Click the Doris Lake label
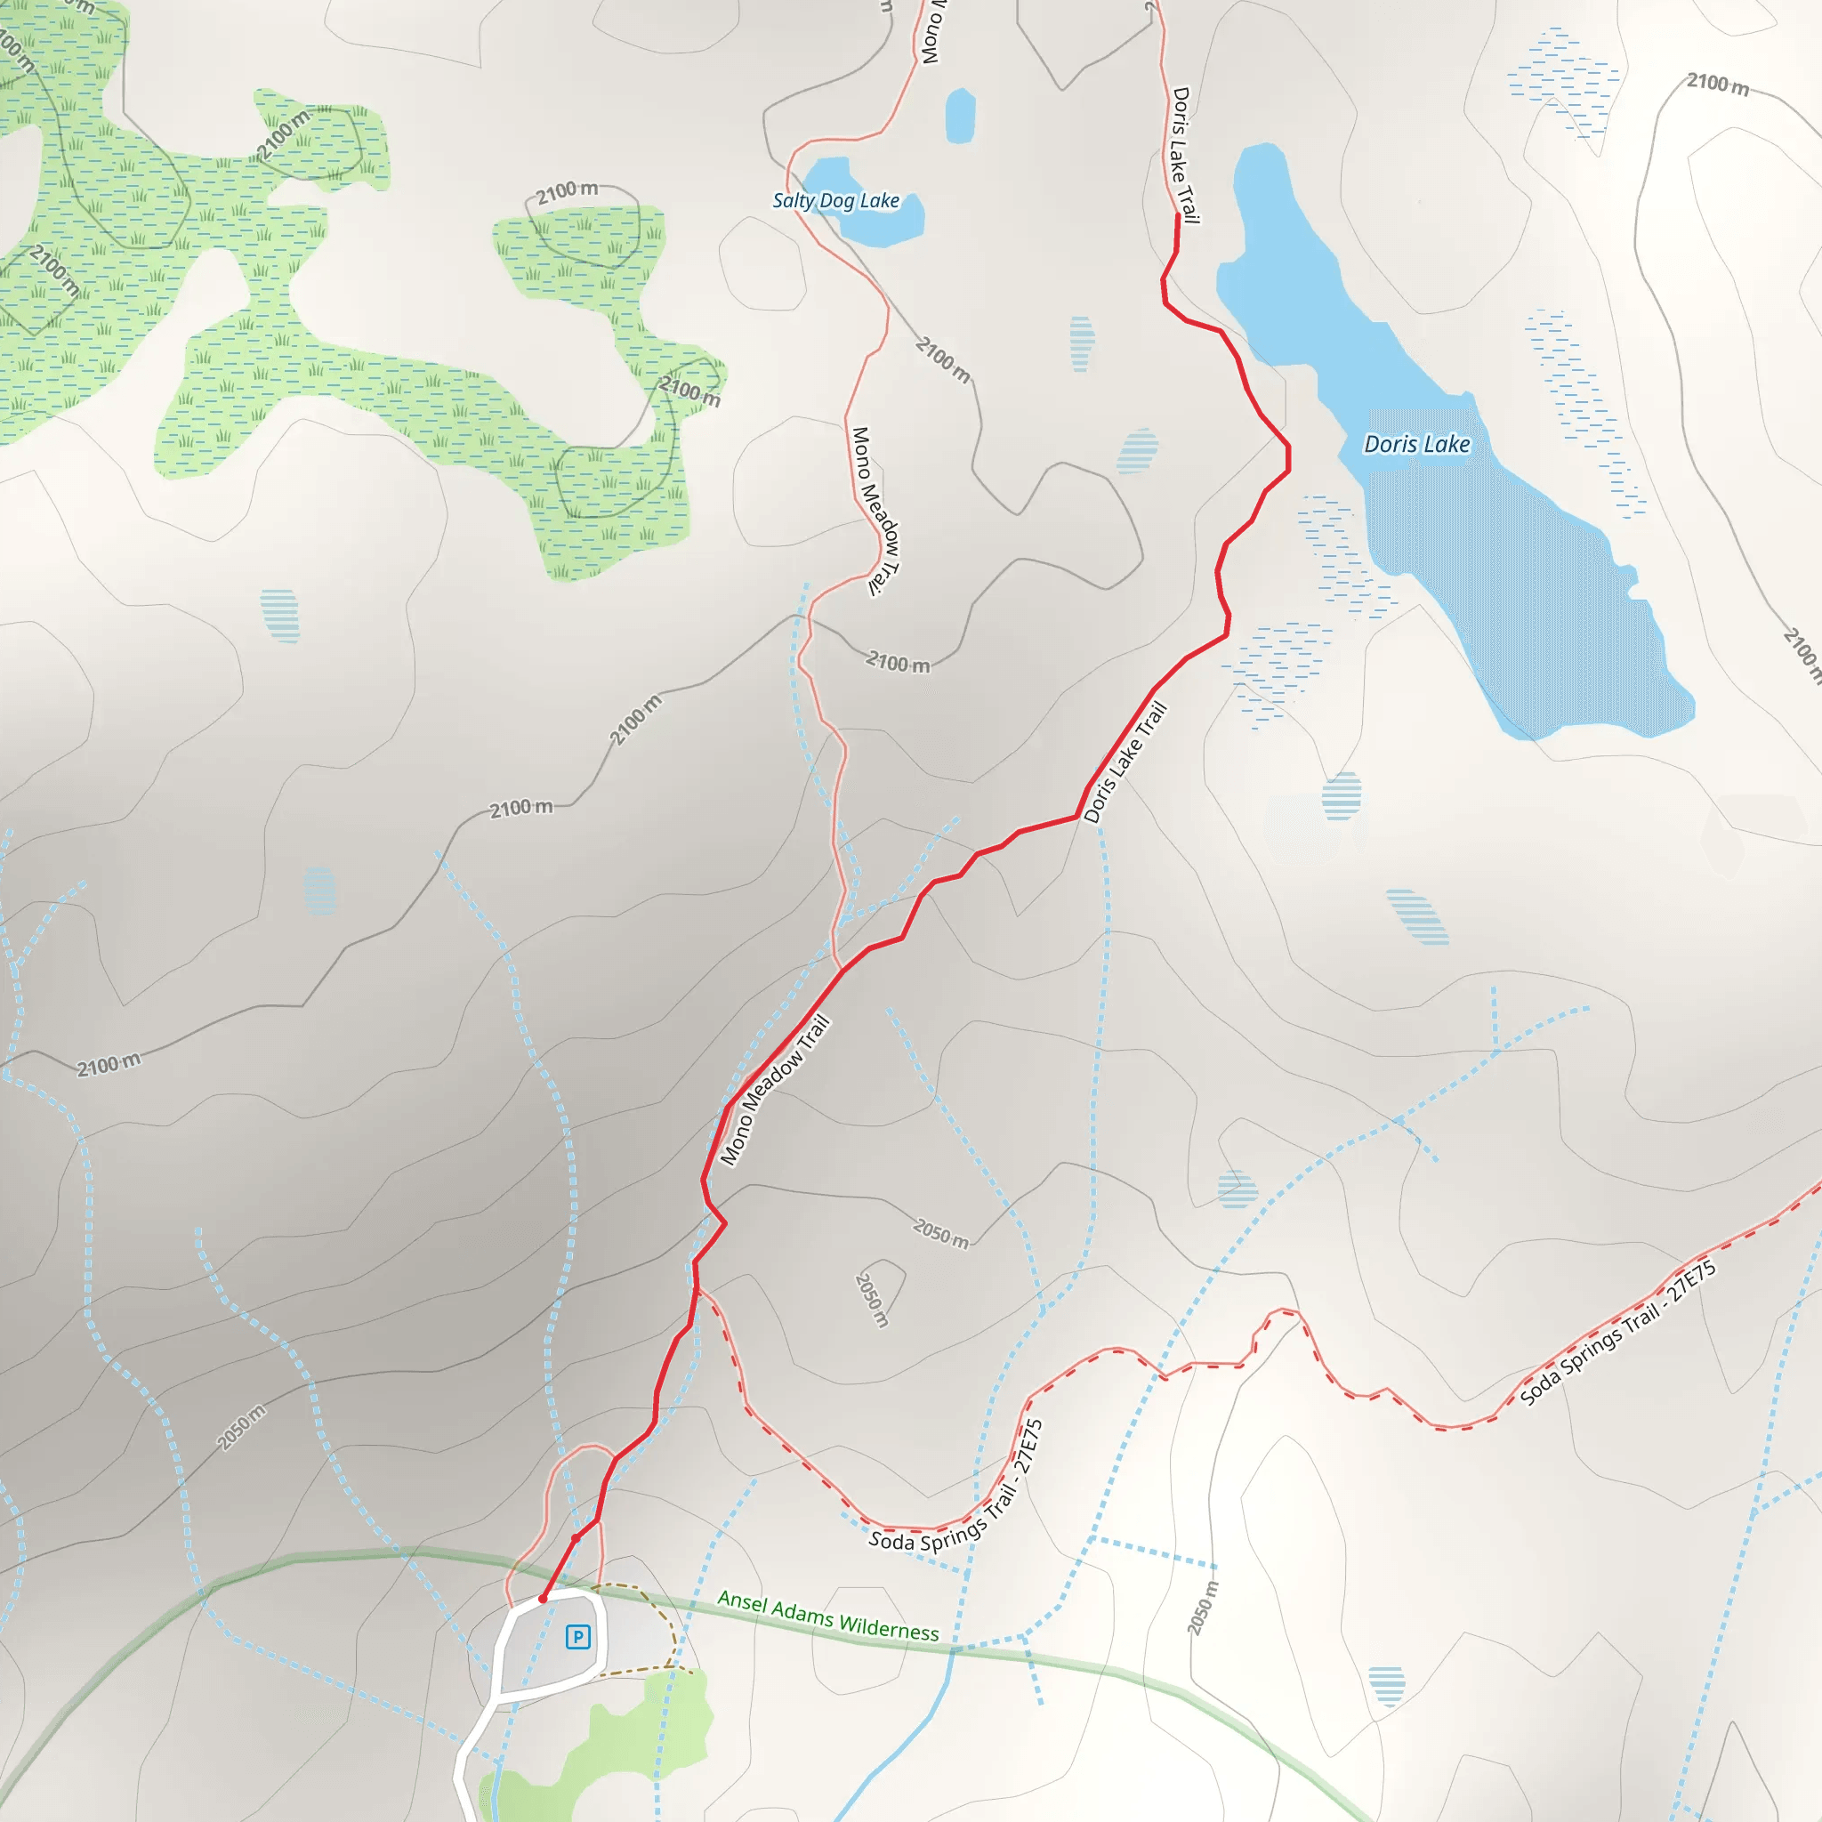(x=1416, y=444)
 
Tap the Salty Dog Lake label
(x=835, y=201)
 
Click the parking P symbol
(x=578, y=1637)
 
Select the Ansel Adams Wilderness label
(x=828, y=1616)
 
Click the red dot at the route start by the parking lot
(x=543, y=1599)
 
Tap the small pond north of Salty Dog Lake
(x=960, y=115)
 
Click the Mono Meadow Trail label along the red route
(x=774, y=1090)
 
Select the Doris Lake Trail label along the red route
(x=1126, y=763)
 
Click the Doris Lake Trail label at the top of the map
(x=1184, y=156)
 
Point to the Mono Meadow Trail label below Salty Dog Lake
(x=875, y=512)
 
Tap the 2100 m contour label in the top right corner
(x=1717, y=85)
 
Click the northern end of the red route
(x=1178, y=216)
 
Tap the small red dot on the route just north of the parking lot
(x=576, y=1538)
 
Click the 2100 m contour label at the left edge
(x=109, y=1065)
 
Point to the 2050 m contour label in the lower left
(x=241, y=1427)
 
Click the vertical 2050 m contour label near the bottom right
(x=1203, y=1607)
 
